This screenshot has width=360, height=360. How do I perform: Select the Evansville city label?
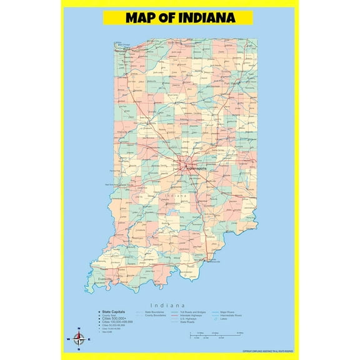tap(104, 278)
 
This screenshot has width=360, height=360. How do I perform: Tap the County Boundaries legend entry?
tap(156, 315)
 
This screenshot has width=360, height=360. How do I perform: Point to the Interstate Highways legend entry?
tap(194, 315)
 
